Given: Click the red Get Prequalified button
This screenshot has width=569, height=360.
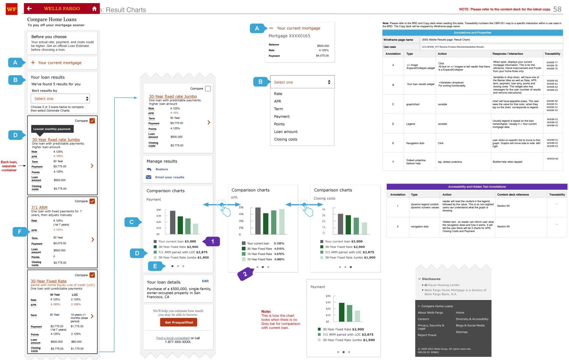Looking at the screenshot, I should pos(179,322).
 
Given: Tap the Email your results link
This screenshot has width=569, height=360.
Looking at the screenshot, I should pos(169,177).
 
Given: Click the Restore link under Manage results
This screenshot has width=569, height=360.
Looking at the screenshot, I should pos(162,169).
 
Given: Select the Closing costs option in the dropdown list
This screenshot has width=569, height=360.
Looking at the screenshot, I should pos(285,139).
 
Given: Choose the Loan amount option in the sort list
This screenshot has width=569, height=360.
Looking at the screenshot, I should pos(285,132).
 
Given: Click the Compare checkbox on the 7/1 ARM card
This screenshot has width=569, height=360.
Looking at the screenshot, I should pos(92,201).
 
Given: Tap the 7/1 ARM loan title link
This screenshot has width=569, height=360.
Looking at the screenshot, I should pos(39,208).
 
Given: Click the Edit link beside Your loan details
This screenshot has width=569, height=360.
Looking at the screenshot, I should pos(205,281).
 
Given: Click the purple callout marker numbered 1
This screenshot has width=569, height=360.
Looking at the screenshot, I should pos(212,242).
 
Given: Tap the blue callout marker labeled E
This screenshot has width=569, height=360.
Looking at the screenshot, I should pos(156,266).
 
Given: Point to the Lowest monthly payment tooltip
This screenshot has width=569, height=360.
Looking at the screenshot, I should pos(52,129).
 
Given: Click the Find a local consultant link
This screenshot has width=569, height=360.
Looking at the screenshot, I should pos(173,338).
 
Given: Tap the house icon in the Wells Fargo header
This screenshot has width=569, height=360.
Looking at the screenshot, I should pos(94,9).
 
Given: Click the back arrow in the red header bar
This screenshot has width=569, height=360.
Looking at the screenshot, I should pos(29,9).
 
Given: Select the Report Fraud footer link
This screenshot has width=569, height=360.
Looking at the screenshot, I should pos(427,335).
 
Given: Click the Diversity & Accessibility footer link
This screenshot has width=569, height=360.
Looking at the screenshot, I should pos(472,319).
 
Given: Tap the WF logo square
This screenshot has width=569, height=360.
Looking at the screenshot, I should pos(12,9).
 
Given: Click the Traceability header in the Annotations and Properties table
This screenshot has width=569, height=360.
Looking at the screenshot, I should pos(552,54).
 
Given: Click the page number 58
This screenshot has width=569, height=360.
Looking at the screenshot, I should pos(557,9).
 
